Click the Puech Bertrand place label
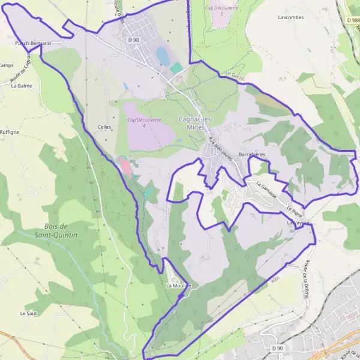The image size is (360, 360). (32, 43)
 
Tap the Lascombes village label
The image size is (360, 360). (291, 17)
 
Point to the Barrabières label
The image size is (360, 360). (252, 154)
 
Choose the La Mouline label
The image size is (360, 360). (178, 286)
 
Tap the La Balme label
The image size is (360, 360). (22, 85)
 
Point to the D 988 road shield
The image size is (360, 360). (352, 20)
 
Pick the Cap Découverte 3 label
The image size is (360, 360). (221, 10)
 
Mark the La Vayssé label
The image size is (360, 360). (298, 223)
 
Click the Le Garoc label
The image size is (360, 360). (238, 77)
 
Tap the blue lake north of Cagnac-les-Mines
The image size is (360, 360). (162, 56)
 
